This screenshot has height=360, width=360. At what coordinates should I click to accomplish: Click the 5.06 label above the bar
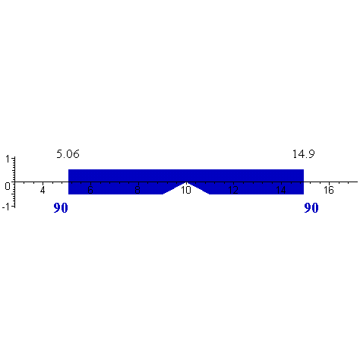pos(68,155)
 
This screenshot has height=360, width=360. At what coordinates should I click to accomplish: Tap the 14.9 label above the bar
pos(304,155)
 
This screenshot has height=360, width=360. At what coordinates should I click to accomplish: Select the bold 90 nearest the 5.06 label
pos(61,208)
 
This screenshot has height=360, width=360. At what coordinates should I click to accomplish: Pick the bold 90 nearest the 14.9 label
pos(311,208)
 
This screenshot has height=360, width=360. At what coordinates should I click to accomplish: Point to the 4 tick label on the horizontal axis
pos(43,190)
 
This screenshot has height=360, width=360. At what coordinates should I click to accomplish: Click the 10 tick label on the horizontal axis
pos(185,190)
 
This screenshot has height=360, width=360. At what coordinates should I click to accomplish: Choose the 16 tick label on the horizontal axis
pos(328,190)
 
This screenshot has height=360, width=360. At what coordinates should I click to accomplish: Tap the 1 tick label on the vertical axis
pos(7,159)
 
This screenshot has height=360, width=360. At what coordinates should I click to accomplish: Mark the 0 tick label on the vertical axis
pos(7,185)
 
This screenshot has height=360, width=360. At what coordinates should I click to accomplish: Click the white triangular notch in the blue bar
pos(186,190)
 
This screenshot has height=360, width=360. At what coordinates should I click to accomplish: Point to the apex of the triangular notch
pos(186,182)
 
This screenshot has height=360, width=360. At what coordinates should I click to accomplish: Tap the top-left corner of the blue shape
pos(68,169)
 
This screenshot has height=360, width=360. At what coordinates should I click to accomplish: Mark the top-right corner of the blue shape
pos(304,169)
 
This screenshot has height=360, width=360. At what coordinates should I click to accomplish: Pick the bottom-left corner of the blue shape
pos(68,194)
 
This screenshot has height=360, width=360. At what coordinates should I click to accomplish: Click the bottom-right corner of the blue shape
pos(304,194)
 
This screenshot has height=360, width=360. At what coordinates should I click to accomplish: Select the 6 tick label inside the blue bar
pos(90,190)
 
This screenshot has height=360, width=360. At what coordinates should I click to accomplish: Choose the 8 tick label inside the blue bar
pos(137,190)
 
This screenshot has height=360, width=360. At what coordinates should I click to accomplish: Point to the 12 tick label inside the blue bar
pos(233,190)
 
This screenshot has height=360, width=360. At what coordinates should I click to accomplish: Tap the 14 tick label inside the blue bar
pos(281,190)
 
